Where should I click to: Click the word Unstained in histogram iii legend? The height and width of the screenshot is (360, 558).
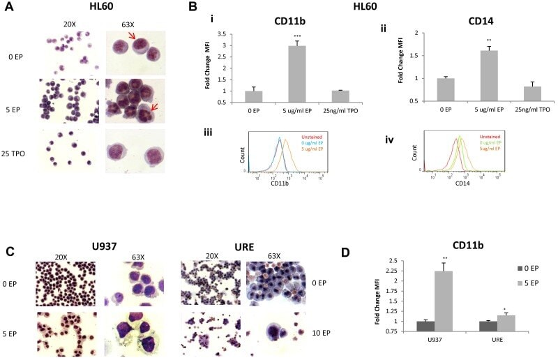click(310, 137)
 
